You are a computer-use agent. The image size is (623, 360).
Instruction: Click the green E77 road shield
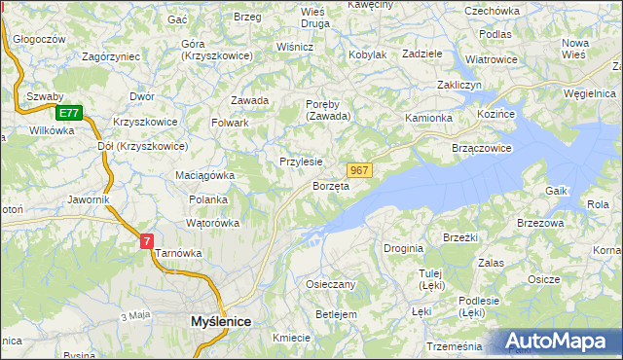(67, 113)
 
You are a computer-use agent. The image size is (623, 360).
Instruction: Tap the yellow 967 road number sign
(359, 169)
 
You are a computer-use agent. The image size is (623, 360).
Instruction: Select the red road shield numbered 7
(146, 239)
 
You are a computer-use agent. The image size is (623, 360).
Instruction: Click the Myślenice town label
(220, 320)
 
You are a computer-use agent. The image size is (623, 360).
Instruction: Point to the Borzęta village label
(331, 186)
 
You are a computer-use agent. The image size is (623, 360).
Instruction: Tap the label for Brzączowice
(482, 147)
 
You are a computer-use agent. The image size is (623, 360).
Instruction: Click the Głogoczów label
(38, 39)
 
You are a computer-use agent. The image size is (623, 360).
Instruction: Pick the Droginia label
(403, 248)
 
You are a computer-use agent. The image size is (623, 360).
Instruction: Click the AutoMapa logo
(554, 342)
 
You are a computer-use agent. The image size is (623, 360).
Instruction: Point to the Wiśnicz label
(295, 46)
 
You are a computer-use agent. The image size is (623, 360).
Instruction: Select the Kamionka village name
(428, 118)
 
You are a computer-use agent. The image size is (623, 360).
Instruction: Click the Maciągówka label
(205, 175)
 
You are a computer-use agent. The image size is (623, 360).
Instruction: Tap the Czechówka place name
(492, 11)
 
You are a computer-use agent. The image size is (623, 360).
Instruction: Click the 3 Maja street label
(135, 316)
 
